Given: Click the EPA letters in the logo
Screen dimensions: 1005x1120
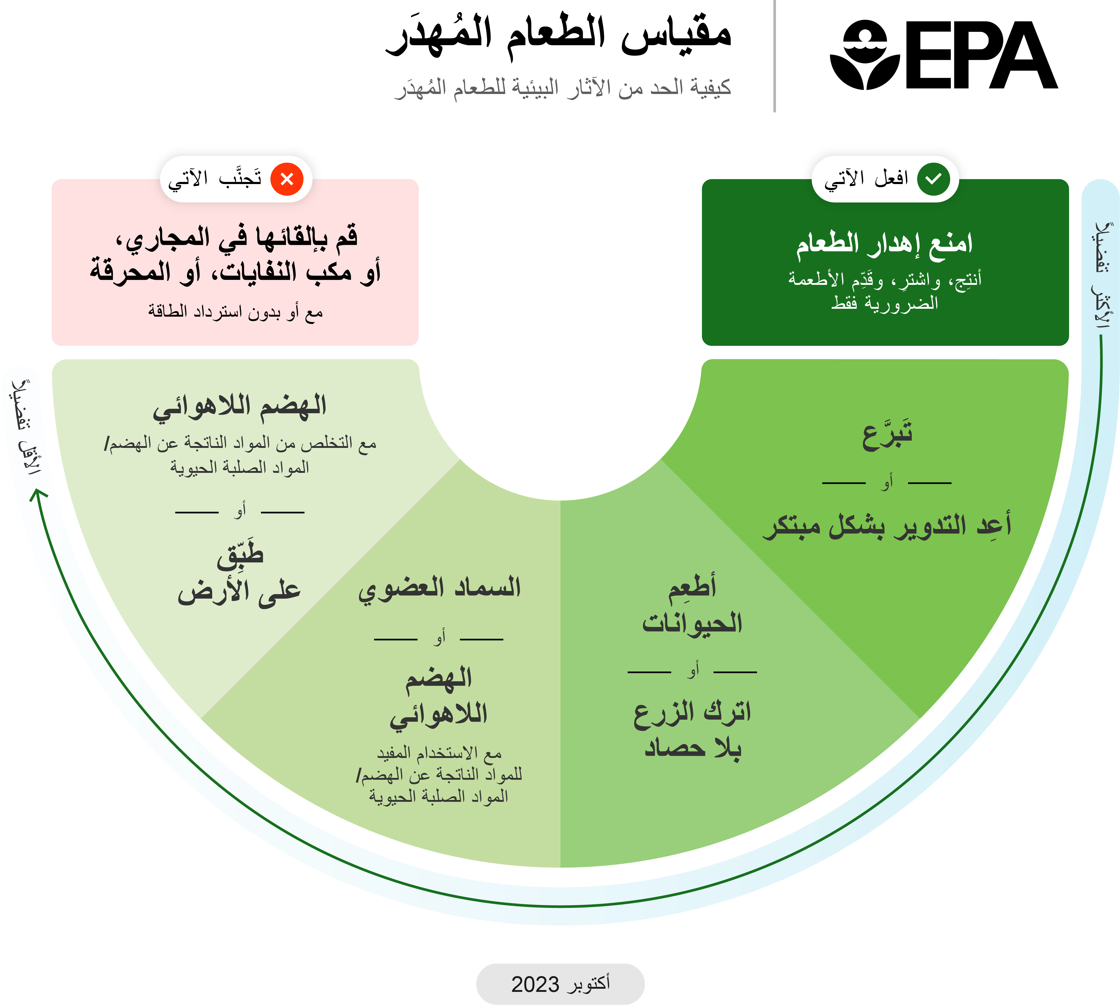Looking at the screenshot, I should click(980, 55).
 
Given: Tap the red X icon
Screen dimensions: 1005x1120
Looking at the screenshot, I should click(286, 179).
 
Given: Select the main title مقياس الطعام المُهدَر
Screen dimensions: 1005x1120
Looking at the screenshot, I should click(558, 34).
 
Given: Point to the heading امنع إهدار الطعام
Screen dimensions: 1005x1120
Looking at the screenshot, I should click(884, 244).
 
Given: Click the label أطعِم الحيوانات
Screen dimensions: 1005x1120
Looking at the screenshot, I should click(692, 605).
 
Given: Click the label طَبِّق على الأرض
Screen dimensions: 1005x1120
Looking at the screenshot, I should click(239, 574).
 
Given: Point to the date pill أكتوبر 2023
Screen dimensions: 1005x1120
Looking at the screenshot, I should click(560, 984).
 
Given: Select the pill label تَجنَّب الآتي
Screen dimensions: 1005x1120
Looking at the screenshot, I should click(215, 179).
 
